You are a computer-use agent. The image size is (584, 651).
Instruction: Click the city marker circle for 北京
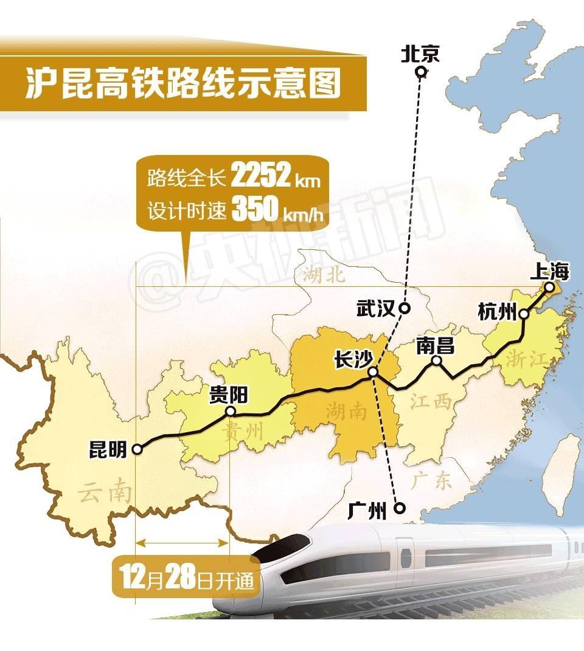click(x=420, y=73)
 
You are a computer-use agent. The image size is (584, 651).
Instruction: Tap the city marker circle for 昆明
click(x=137, y=449)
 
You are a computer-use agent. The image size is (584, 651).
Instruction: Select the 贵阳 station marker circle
click(x=231, y=412)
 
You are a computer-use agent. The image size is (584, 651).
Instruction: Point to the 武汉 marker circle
click(x=405, y=308)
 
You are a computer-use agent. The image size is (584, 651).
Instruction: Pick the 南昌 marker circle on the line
click(x=436, y=360)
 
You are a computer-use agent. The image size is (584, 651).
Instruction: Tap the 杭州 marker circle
click(x=523, y=314)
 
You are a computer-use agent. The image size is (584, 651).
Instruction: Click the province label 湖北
click(x=323, y=276)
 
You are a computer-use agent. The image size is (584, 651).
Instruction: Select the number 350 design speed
click(x=254, y=210)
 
